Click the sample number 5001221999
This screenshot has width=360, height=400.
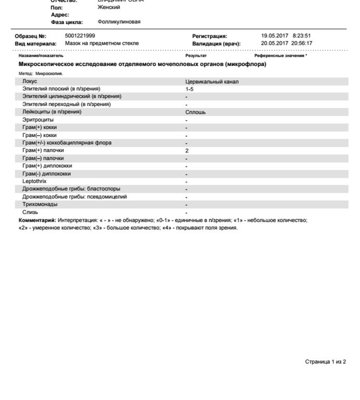click(80, 36)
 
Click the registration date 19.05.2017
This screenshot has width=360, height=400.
click(274, 36)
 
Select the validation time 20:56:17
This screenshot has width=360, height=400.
click(301, 43)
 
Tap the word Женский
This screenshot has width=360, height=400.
click(109, 7)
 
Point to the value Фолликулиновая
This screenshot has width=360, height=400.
click(118, 22)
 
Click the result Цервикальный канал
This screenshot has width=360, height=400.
click(212, 82)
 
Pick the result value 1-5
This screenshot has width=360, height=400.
click(190, 89)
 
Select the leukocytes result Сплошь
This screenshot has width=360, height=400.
click(195, 112)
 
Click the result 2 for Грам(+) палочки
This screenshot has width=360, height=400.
click(187, 151)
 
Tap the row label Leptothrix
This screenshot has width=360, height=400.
click(34, 181)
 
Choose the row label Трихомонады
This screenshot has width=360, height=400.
click(40, 205)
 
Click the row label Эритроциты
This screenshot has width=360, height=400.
click(38, 120)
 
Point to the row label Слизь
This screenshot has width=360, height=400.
click(30, 212)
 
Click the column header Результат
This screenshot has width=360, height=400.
click(196, 55)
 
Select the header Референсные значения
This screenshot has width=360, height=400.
click(280, 55)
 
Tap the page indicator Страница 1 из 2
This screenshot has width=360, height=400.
click(325, 362)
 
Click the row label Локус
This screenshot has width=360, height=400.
click(30, 82)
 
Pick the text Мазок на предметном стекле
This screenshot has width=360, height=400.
click(102, 43)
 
